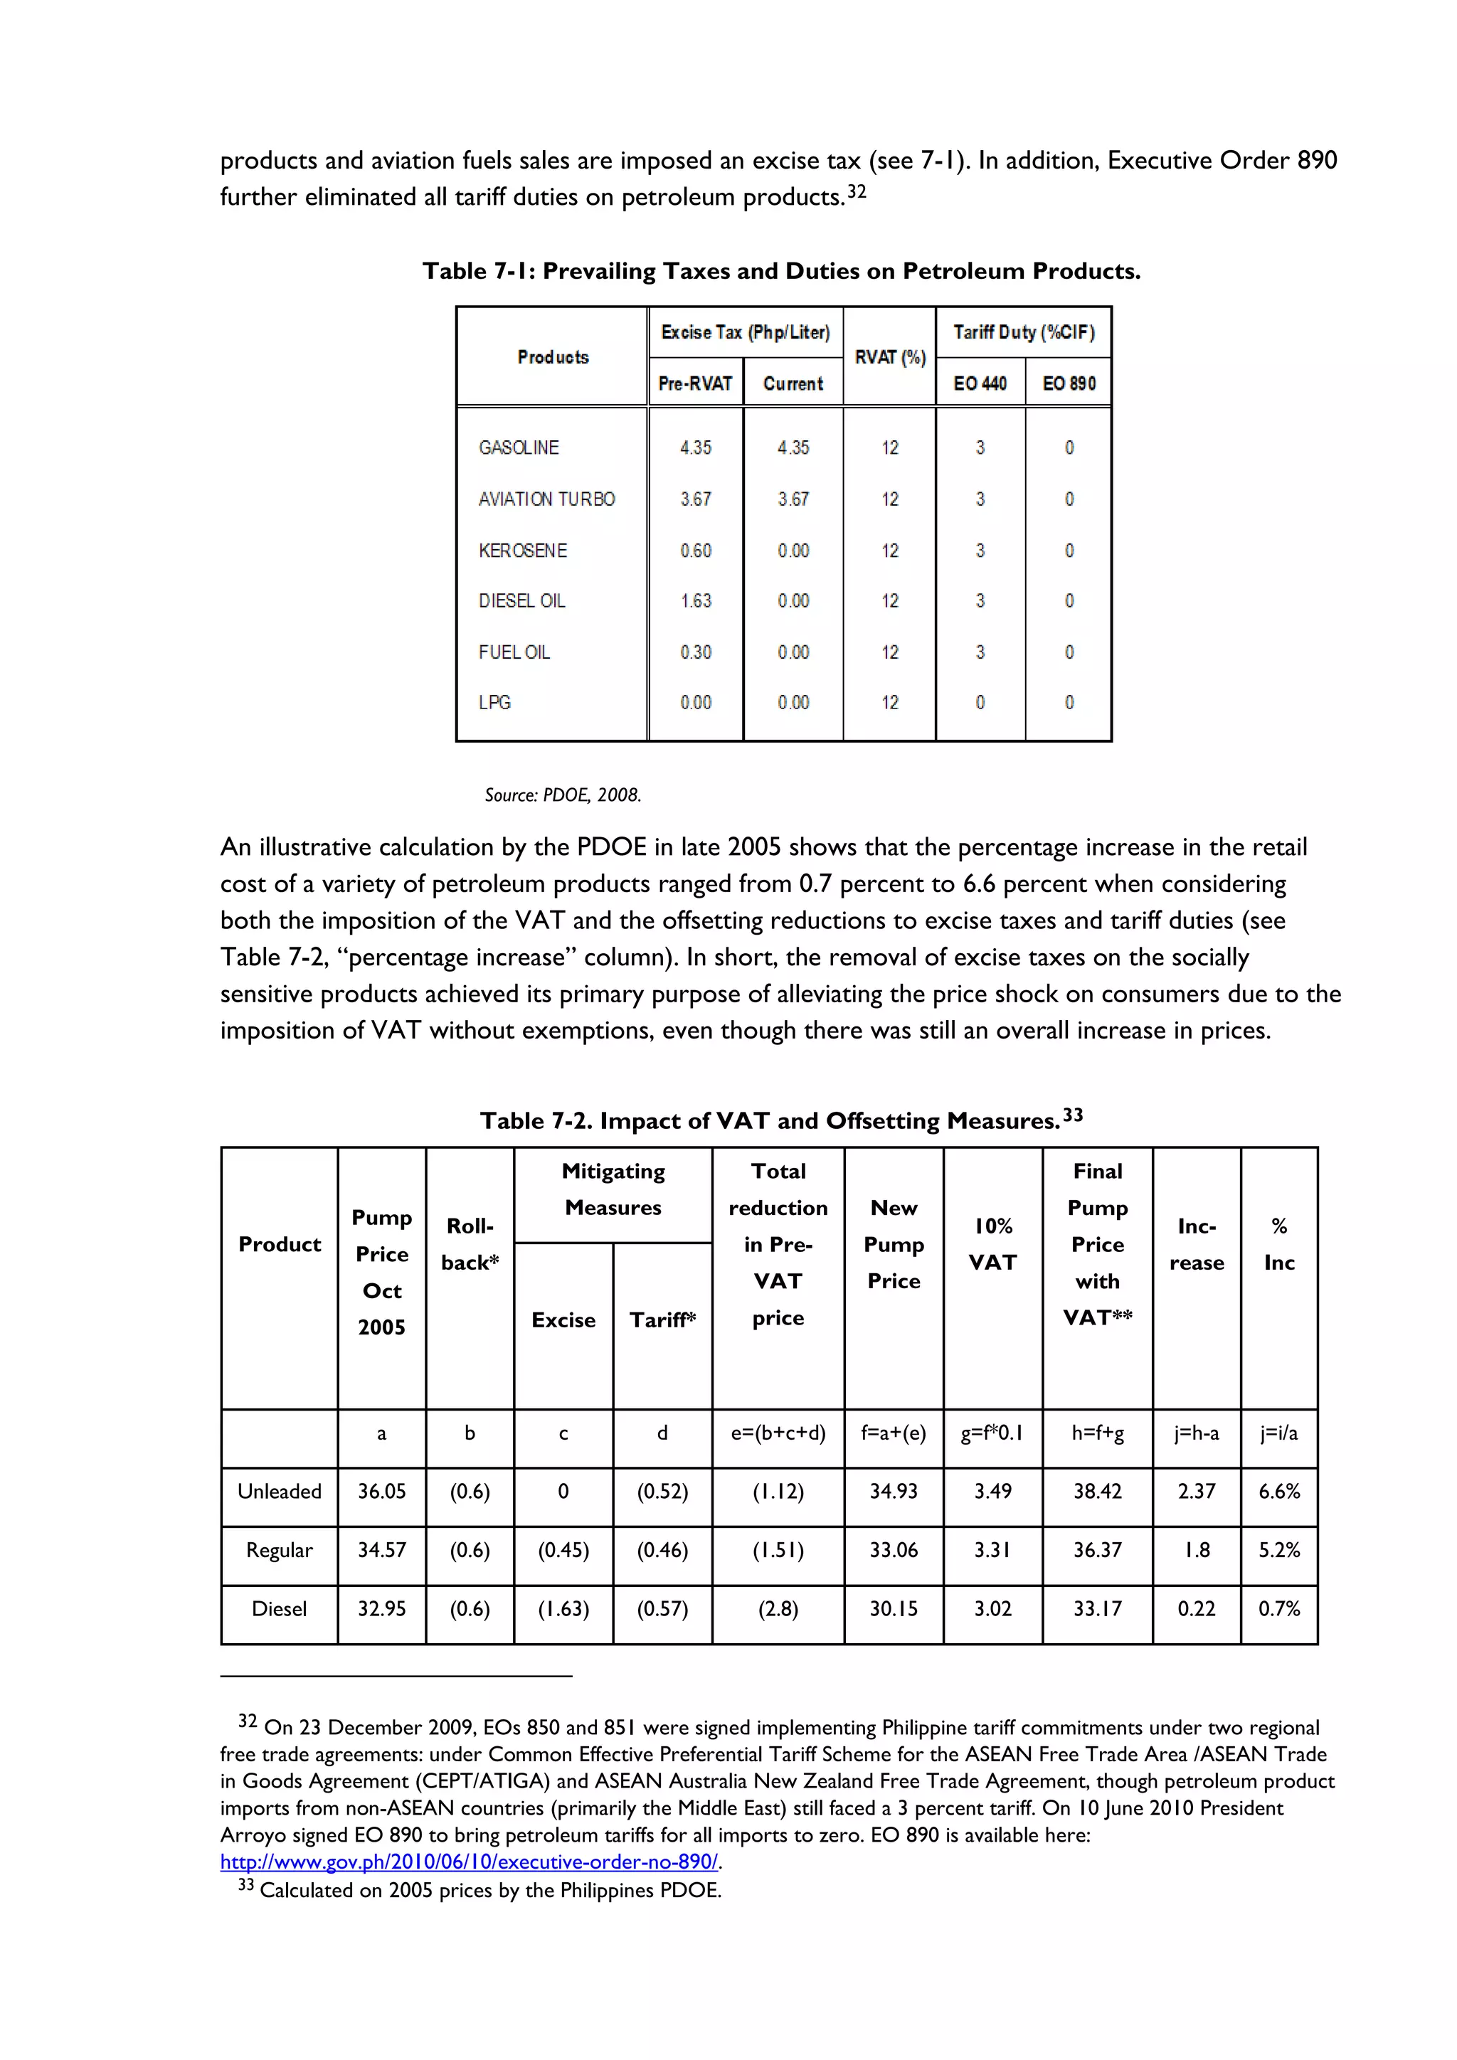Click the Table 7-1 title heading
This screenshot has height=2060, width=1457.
780,271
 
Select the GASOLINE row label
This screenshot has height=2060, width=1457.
519,447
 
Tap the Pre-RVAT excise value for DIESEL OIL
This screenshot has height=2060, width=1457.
695,601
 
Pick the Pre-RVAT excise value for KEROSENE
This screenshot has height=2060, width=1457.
695,551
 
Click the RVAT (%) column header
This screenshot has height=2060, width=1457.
889,357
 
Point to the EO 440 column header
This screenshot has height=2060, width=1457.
980,384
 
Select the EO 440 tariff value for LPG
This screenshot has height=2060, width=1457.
980,703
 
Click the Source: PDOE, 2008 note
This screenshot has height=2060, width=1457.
563,795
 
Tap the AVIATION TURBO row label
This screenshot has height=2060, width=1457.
546,499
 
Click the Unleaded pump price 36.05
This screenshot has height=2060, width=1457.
381,1491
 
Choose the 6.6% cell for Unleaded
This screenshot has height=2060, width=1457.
1278,1491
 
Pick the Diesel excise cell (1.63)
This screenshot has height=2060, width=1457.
563,1609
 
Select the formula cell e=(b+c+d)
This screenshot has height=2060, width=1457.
778,1433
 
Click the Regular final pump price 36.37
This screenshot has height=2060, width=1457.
1097,1549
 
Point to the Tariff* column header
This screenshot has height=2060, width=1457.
662,1320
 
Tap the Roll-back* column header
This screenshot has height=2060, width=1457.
470,1243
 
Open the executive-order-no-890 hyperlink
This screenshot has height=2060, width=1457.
470,1862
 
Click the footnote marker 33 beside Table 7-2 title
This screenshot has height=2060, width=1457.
1073,1115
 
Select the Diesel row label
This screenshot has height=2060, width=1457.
279,1609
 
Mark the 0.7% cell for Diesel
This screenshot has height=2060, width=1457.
1278,1609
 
